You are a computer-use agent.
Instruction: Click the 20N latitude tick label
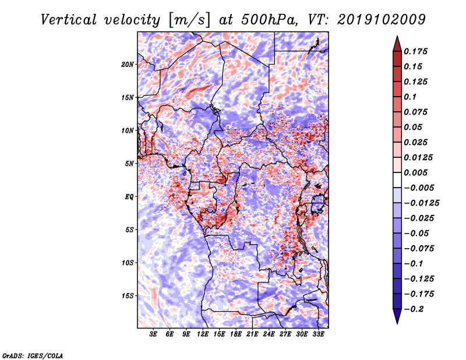click(x=128, y=65)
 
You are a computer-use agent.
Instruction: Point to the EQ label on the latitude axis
click(x=129, y=197)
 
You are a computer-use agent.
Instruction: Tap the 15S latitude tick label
click(x=128, y=296)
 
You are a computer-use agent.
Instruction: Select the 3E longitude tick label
click(x=153, y=334)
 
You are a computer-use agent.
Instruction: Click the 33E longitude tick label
click(x=318, y=334)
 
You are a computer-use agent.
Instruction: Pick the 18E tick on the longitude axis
click(x=236, y=334)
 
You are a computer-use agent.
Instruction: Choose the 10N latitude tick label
click(x=128, y=130)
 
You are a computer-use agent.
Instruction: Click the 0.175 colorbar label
click(x=415, y=51)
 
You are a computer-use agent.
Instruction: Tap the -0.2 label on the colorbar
click(x=414, y=309)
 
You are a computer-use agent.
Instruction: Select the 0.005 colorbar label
click(x=415, y=172)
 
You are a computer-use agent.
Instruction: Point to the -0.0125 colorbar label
click(x=421, y=203)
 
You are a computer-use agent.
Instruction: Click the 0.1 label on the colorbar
click(x=410, y=97)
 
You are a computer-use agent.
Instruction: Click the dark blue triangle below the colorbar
click(x=397, y=315)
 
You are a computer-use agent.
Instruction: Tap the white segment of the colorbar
click(x=397, y=180)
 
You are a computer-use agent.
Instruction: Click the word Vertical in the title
click(x=69, y=20)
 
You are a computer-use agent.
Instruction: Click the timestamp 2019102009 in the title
click(x=382, y=20)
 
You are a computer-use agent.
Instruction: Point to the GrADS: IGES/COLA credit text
click(x=33, y=355)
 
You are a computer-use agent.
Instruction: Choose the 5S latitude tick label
click(x=129, y=230)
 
